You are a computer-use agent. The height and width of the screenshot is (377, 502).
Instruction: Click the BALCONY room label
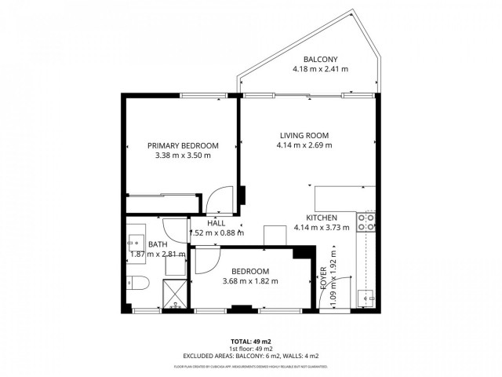(321, 59)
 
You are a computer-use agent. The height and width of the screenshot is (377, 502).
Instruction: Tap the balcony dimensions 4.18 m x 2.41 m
(321, 69)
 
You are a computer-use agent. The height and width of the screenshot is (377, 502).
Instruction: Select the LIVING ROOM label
(304, 135)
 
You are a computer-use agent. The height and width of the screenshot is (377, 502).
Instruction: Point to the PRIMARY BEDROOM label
(183, 145)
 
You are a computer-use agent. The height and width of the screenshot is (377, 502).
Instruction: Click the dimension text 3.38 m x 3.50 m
(183, 156)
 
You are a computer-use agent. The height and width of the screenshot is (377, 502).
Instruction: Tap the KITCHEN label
(321, 218)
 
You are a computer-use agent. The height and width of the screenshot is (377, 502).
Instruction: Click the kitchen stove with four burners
(366, 222)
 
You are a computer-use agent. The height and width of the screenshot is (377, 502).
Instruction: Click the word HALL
(216, 223)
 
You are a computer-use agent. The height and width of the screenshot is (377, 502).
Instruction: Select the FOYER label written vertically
(324, 281)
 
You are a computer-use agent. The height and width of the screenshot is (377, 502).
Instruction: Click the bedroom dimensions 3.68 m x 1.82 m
(250, 281)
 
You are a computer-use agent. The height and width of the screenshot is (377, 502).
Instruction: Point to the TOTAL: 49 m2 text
(250, 341)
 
